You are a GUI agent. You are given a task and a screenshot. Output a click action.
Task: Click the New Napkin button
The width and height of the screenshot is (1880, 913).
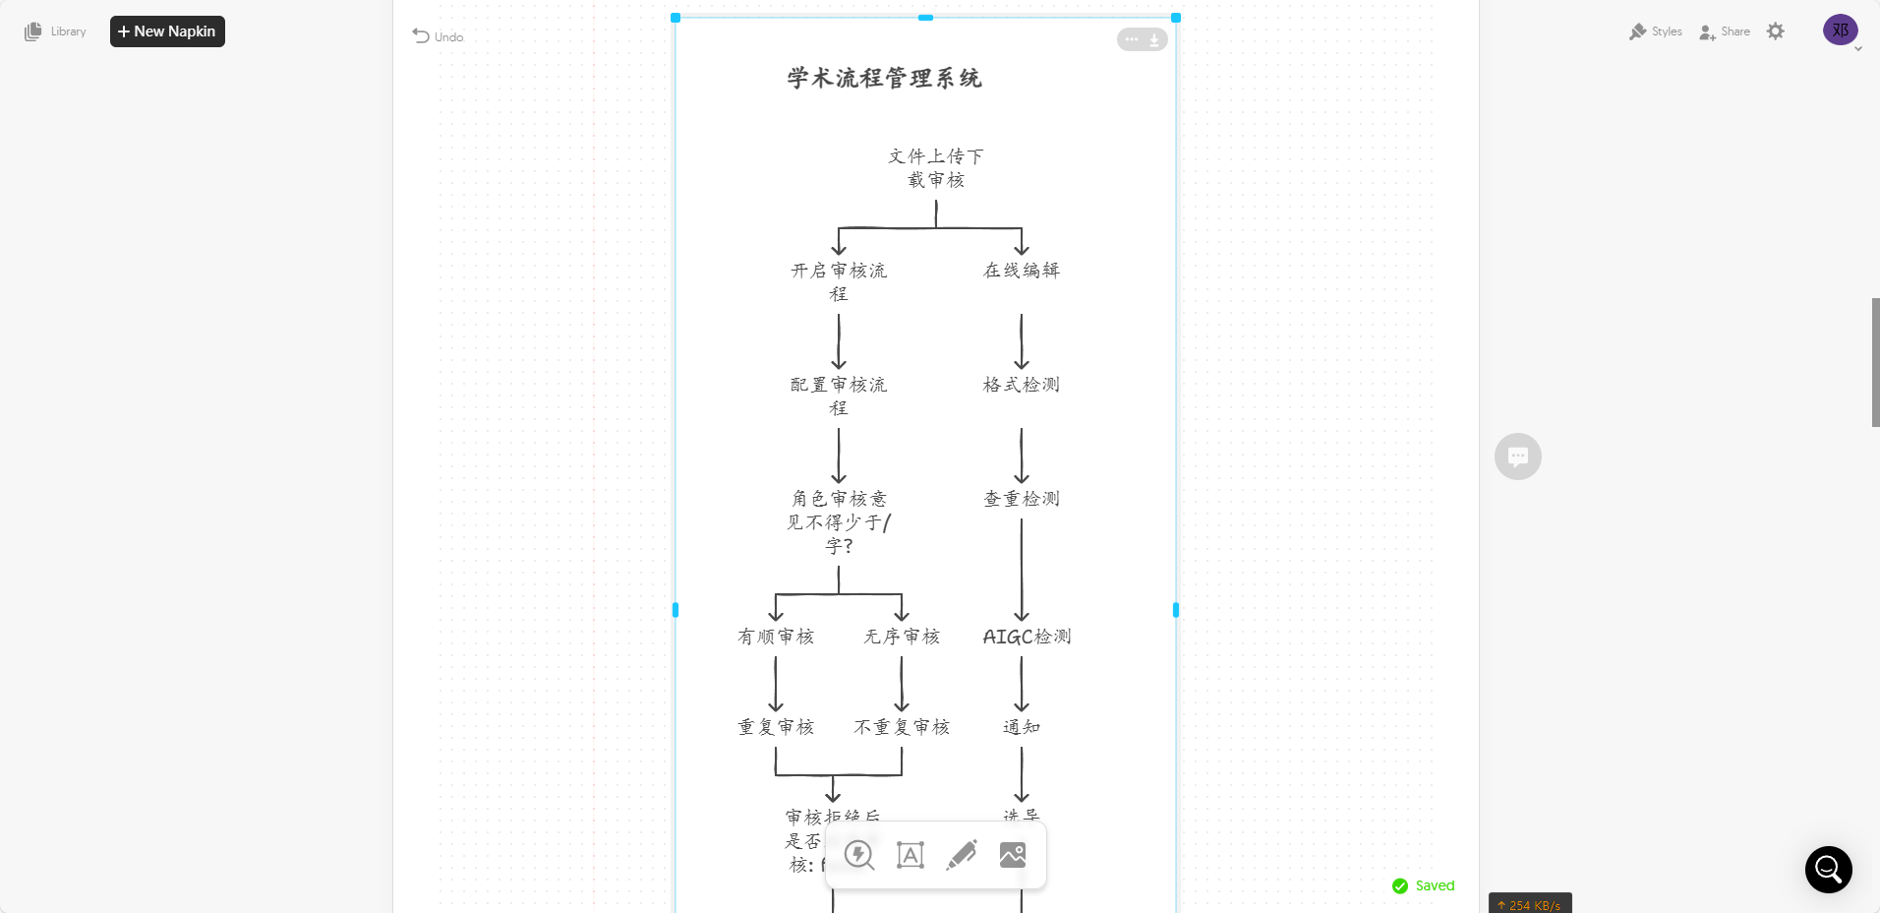(x=167, y=31)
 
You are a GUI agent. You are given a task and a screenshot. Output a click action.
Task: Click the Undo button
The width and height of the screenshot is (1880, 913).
(x=438, y=36)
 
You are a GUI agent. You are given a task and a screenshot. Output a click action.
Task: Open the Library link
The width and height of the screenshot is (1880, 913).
(x=56, y=31)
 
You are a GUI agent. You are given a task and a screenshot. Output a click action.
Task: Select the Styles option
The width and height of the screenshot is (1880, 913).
(x=1656, y=31)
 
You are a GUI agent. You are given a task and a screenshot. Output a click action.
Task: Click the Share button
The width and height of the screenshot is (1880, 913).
(x=1725, y=31)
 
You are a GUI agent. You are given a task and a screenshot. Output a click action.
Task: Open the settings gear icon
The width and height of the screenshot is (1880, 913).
(x=1775, y=31)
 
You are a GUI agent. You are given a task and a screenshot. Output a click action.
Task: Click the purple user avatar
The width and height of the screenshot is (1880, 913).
(x=1840, y=30)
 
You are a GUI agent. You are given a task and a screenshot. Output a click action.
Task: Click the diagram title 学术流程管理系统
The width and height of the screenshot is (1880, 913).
(x=884, y=78)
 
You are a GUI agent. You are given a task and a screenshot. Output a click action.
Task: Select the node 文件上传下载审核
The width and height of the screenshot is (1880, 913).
(x=935, y=168)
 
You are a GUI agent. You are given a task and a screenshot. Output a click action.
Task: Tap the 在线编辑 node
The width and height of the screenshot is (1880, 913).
(x=1022, y=271)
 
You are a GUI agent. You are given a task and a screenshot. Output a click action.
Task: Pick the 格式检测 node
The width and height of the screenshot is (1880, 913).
(x=1022, y=385)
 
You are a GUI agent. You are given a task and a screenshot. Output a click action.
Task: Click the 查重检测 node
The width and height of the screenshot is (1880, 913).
(x=1022, y=499)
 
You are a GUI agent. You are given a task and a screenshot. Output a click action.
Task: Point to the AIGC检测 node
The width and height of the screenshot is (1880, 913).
(x=1027, y=637)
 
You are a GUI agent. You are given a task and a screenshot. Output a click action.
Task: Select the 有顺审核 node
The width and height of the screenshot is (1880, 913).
(x=776, y=637)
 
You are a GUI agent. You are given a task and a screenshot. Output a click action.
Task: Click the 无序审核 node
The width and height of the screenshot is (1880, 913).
(x=902, y=637)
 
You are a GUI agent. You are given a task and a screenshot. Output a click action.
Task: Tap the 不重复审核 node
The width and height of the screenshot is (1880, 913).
(x=902, y=727)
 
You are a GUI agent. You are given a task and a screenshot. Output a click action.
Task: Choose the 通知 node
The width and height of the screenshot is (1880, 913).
(x=1022, y=727)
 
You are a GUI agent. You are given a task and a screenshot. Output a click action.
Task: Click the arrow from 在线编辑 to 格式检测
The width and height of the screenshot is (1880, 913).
(x=1022, y=340)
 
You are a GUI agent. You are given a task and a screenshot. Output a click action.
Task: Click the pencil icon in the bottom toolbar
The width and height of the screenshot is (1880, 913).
(x=962, y=855)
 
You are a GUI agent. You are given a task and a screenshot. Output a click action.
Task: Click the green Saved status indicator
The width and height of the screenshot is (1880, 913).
(x=1423, y=885)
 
